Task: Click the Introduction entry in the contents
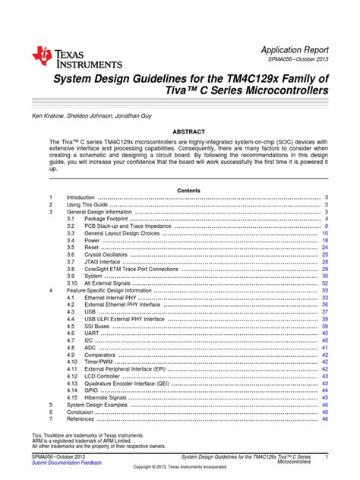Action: [x=81, y=197]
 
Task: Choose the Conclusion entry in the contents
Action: [x=80, y=411]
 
